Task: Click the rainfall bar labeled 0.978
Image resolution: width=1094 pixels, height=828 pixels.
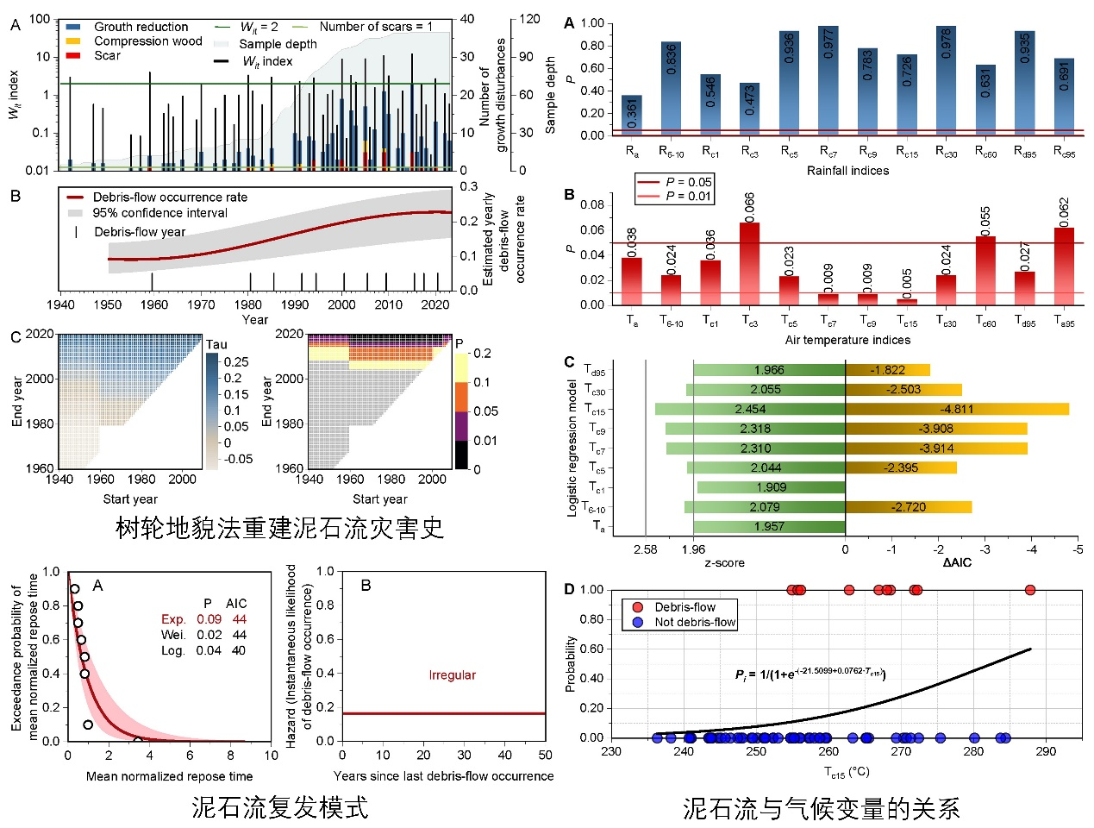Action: [946, 80]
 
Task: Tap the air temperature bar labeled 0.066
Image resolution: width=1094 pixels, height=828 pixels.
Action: [749, 263]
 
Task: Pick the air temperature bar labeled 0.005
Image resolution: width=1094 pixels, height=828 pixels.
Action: [907, 301]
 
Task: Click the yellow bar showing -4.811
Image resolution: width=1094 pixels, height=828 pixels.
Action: [957, 409]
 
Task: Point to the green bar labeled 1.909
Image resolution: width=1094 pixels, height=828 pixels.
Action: [770, 487]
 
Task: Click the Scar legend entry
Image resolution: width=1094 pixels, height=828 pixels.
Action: [107, 55]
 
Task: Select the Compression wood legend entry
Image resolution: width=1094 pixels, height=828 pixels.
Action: [147, 41]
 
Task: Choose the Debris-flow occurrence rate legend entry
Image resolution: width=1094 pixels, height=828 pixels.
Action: [169, 198]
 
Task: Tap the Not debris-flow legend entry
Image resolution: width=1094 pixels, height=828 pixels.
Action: [695, 622]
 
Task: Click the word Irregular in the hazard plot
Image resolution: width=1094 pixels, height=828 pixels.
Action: [452, 675]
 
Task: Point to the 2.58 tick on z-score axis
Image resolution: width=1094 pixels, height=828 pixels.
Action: [645, 549]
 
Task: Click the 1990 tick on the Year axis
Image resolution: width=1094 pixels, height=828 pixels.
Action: [295, 304]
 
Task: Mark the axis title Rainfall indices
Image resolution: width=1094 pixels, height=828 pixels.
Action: [847, 171]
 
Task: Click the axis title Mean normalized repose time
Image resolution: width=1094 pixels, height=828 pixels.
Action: [169, 776]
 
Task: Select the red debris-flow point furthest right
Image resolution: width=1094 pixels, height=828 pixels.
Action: [1029, 590]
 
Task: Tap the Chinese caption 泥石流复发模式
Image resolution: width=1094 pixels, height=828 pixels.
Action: [279, 807]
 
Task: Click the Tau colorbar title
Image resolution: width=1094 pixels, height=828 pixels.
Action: [216, 344]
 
